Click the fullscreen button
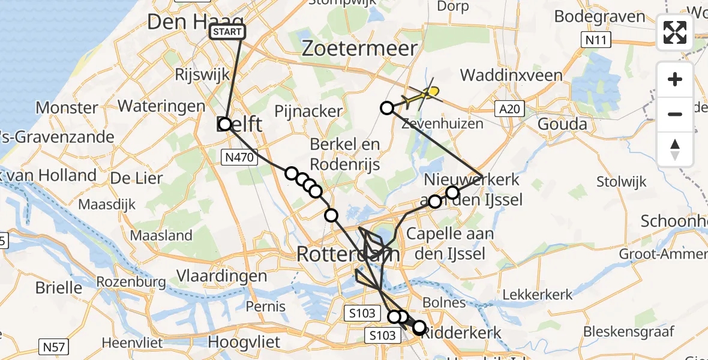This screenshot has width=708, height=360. pos(675,32)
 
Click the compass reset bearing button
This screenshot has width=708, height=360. pos(675,149)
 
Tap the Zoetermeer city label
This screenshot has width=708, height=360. pos(359,49)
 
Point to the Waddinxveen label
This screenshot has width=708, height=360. pos(511,76)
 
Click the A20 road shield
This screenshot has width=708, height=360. pos(510,109)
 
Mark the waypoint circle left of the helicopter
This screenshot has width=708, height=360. pos(388,108)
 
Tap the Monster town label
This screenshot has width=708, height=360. pos(67,108)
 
